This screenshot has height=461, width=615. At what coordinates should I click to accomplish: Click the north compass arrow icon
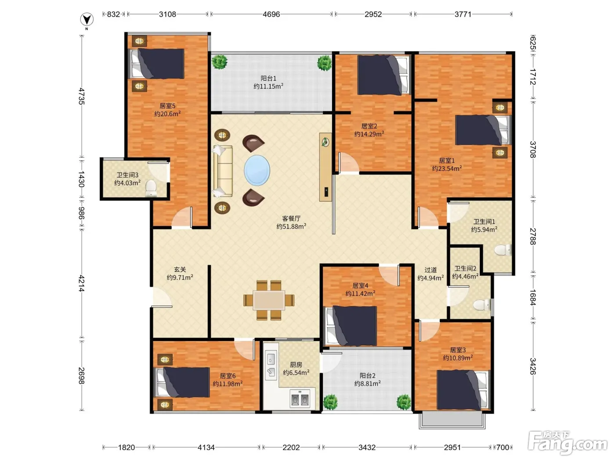pos(87,20)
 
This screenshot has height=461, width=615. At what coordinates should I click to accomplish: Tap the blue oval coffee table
pos(257,170)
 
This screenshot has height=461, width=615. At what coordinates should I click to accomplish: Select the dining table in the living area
pos(269,300)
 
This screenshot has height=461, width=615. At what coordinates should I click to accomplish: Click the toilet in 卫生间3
pos(151,188)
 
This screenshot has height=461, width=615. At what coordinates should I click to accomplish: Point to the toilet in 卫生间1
pos(503,250)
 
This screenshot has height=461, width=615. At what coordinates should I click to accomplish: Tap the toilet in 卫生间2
pos(482,305)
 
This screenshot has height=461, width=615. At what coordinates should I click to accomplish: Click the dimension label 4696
pos(271,14)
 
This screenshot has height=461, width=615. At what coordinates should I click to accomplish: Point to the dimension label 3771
pos(463,14)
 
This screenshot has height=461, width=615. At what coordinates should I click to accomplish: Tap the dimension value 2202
pos(291,447)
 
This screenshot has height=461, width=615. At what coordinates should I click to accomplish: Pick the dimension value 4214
pos(81,283)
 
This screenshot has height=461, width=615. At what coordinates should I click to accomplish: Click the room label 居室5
pos(167,106)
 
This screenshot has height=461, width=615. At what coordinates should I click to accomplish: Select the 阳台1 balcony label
pos(268,79)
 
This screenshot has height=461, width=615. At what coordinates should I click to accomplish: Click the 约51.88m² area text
pos(291,226)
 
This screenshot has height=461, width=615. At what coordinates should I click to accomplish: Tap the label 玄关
pos(180,269)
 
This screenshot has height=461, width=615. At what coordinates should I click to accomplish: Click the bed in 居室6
pos(182,382)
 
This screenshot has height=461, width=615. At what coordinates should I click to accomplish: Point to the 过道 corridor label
pos(430,270)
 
